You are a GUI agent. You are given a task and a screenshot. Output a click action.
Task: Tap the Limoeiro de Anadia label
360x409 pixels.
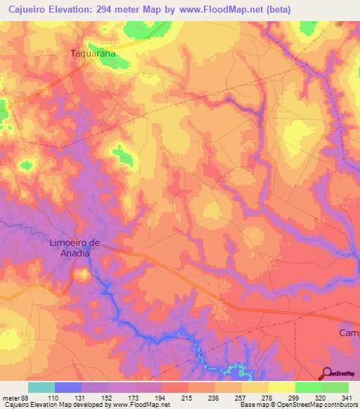pos(75,248)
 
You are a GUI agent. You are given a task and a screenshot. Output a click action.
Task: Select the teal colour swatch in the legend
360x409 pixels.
pos(41,387)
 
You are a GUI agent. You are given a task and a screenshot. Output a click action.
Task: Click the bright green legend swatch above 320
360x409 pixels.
pos(308,387)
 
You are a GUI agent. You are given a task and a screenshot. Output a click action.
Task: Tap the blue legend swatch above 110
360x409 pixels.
pos(68,387)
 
